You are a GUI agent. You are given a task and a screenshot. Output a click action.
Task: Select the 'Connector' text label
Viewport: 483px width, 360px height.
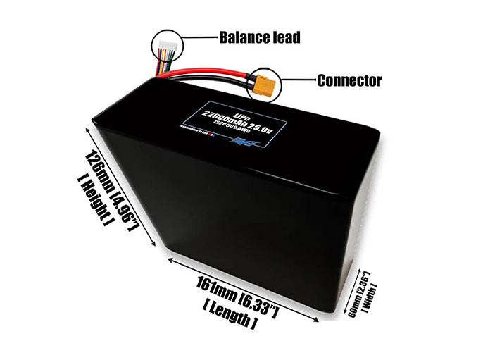(x=349, y=80)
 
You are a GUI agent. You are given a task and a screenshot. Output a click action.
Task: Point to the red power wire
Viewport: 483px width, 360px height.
(x=211, y=72)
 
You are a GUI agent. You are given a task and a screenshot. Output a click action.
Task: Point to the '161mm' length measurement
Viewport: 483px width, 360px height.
(x=216, y=291)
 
